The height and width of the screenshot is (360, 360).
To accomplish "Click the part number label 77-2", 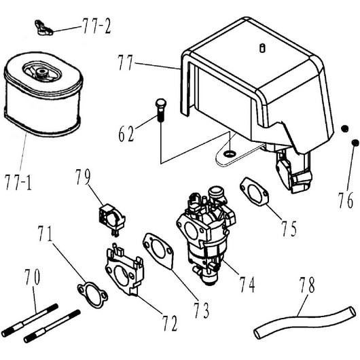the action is (x=96, y=26).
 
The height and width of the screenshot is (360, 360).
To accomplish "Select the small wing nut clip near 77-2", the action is (x=44, y=28).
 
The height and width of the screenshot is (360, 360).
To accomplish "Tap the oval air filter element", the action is (x=43, y=94).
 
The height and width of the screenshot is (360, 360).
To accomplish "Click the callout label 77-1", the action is (x=18, y=182).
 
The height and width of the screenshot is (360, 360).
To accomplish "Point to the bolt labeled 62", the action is (x=161, y=110).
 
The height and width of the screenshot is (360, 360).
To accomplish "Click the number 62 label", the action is (x=126, y=134).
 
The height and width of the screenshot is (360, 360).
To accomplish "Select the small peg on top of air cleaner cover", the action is (x=262, y=48).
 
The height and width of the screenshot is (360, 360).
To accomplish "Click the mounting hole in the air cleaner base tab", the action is (x=230, y=153).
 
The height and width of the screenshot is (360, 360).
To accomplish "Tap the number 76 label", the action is (x=346, y=200).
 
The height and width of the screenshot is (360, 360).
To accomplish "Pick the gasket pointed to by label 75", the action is (x=255, y=192).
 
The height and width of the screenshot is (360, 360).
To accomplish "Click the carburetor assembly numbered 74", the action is (x=206, y=234).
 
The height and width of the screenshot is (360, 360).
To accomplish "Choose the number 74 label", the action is (x=247, y=284).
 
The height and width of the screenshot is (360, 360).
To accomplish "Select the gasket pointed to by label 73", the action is (x=158, y=251).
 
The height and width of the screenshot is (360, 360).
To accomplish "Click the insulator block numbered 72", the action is (x=125, y=270).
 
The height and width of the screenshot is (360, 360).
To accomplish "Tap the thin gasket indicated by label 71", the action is (x=92, y=295).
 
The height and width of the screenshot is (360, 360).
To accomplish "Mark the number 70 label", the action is (x=33, y=277).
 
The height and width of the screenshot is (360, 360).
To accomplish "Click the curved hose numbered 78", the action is (x=304, y=322).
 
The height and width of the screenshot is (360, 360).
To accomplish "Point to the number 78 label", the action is (x=307, y=285).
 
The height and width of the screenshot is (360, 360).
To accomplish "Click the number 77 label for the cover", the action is (x=126, y=62).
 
